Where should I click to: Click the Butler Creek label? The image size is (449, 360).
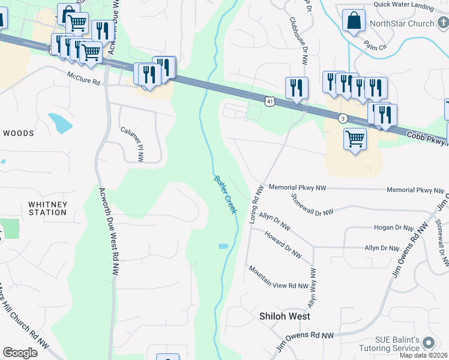pyautogui.click(x=226, y=194)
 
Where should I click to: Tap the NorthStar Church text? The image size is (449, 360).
pyautogui.click(x=402, y=24)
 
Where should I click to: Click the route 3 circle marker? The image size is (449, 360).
pyautogui.click(x=342, y=118)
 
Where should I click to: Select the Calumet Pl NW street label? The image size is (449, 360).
pyautogui.click(x=132, y=144)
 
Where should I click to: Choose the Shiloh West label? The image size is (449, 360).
pyautogui.click(x=285, y=316)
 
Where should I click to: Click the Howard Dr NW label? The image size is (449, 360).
pyautogui.click(x=283, y=245)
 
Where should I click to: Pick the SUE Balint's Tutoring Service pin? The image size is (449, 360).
pyautogui.click(x=428, y=343)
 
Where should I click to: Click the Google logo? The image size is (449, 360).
pyautogui.click(x=20, y=352)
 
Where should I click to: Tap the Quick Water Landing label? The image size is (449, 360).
pyautogui.click(x=403, y=5)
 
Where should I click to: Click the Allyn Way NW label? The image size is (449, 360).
pyautogui.click(x=312, y=287)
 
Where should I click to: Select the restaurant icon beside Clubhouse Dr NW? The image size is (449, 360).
pyautogui.click(x=297, y=88)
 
